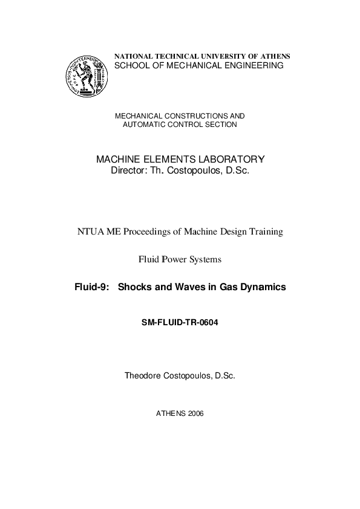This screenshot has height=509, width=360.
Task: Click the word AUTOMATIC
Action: point(145,125)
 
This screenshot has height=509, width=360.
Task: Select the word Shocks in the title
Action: point(134,288)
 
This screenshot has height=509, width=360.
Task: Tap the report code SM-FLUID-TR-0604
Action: point(179,322)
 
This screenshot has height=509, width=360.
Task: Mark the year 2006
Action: point(196,414)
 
